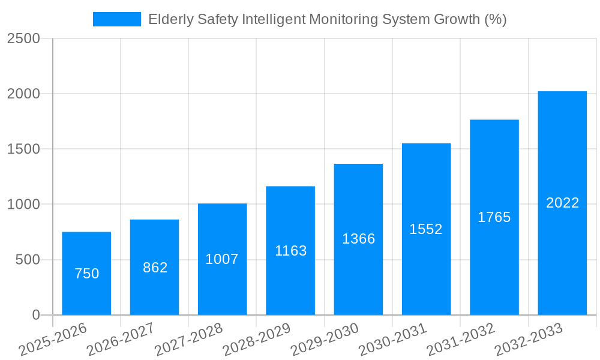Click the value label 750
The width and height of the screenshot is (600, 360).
[86, 274]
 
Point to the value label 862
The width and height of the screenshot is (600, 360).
[155, 268]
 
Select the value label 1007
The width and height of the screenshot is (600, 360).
[222, 259]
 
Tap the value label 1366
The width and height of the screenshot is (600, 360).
[358, 239]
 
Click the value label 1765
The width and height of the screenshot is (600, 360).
[494, 217]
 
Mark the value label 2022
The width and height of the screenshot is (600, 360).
[562, 203]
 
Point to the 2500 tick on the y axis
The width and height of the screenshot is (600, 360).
[23, 38]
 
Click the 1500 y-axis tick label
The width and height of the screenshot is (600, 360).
[23, 149]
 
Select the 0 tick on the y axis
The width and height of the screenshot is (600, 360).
[35, 315]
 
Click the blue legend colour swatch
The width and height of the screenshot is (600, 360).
[116, 19]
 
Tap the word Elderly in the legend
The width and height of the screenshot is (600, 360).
[169, 19]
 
